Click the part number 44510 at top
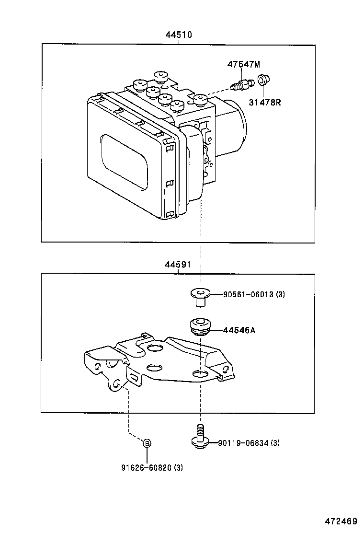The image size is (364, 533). [x=179, y=35]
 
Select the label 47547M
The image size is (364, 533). [x=243, y=64]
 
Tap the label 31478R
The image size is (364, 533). [x=264, y=102]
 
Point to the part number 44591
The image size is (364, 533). [x=178, y=264]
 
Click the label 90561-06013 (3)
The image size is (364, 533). [x=254, y=294]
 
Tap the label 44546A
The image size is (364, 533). [x=239, y=330]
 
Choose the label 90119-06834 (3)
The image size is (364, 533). [x=249, y=443]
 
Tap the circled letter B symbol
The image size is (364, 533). [x=148, y=443]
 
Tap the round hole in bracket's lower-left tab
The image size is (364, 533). [x=115, y=383]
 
